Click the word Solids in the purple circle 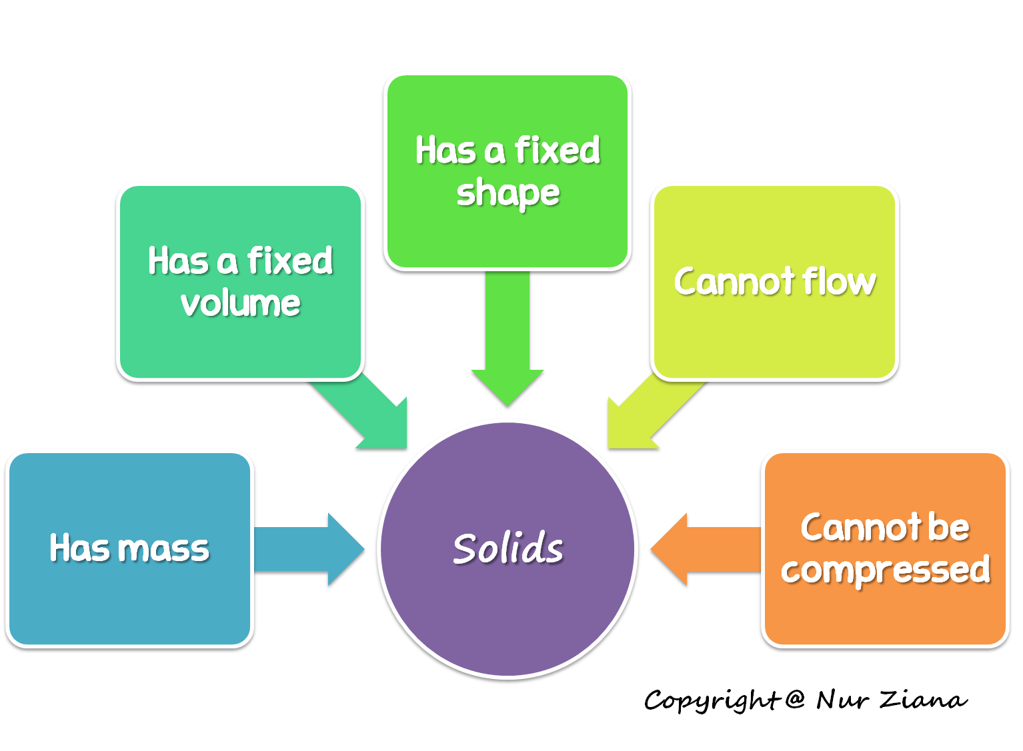(507, 548)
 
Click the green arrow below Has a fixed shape (507, 340)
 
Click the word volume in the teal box (240, 304)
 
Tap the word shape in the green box (507, 193)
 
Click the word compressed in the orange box (885, 570)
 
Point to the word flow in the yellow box (839, 281)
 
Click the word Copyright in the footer (711, 700)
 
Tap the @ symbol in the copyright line (794, 699)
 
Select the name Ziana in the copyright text (923, 700)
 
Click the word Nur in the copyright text (842, 700)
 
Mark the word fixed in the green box (557, 150)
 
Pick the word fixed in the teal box (289, 261)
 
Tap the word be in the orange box (948, 527)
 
